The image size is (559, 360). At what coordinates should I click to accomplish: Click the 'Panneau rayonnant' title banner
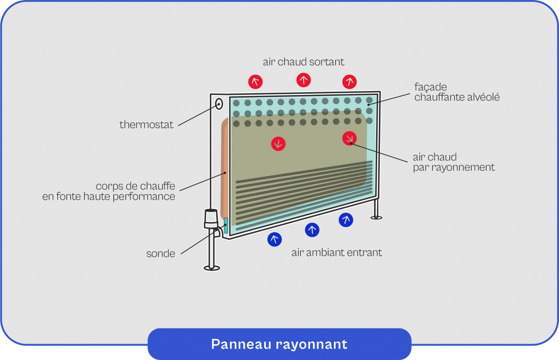coord(279,344)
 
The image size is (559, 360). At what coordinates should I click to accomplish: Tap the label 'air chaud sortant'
coord(304,62)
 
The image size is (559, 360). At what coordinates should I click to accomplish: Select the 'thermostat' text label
coord(146,125)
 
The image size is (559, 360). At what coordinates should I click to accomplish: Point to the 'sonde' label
coord(160,254)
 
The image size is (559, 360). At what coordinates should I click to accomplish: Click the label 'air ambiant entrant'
coord(336,253)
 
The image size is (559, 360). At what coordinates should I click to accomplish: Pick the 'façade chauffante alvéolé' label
coord(457,92)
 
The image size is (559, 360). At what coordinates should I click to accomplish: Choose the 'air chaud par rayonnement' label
coord(453,163)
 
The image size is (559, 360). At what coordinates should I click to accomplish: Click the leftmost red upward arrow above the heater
coord(255,82)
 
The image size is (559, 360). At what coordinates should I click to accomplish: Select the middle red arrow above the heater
coord(304,80)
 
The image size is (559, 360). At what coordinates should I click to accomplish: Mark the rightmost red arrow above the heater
coord(349,82)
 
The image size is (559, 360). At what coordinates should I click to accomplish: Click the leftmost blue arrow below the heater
coord(275,239)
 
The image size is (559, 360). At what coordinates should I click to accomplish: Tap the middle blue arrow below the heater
coord(312,230)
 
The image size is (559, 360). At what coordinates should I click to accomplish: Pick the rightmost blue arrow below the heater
coord(346,220)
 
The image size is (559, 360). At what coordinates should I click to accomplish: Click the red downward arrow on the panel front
coord(278,144)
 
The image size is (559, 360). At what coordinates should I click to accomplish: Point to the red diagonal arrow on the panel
coord(349,139)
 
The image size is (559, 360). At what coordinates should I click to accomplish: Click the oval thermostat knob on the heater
coord(219,104)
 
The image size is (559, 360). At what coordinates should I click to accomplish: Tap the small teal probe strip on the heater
coord(225,225)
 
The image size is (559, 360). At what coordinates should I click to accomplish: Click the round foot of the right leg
coord(376,218)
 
